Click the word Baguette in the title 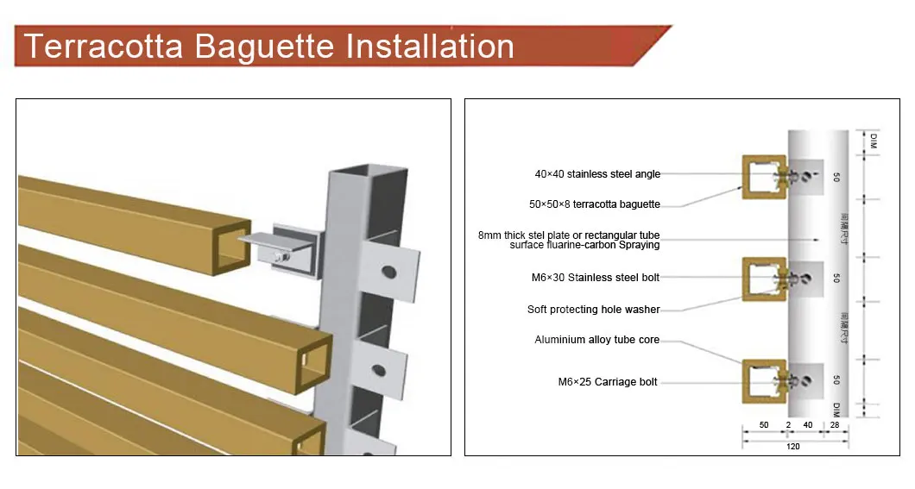(x=263, y=45)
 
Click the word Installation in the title (x=430, y=45)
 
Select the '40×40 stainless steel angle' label (x=597, y=174)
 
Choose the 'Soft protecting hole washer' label (x=593, y=310)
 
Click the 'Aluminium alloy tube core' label (x=596, y=340)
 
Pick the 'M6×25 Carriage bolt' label (x=608, y=382)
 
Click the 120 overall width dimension (x=793, y=446)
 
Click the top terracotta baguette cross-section (x=764, y=177)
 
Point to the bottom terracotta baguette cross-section (x=764, y=379)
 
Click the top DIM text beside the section (x=873, y=141)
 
